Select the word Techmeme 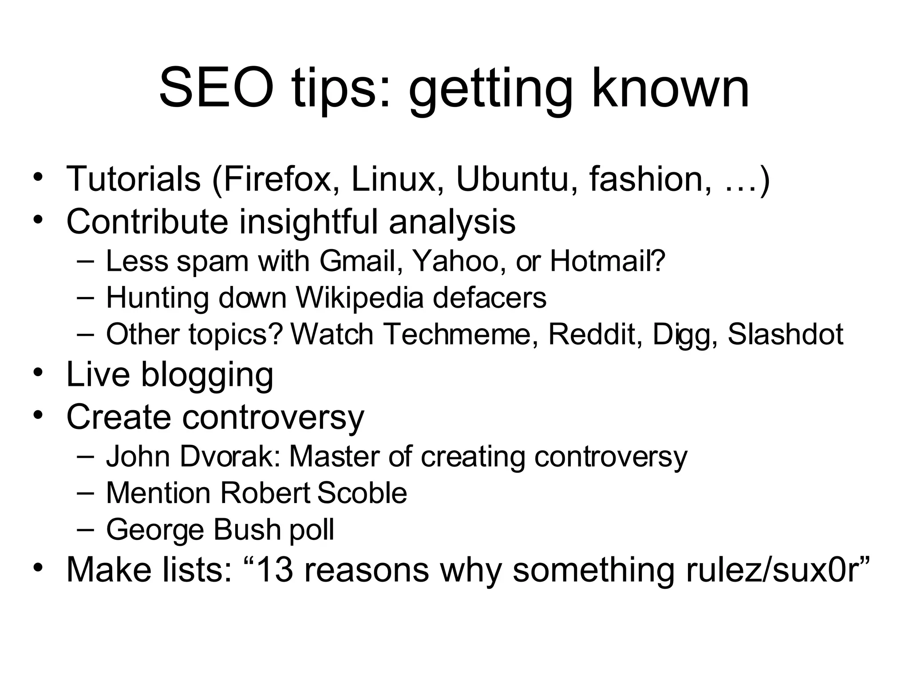457,334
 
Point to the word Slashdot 785,334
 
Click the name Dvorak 230,456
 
